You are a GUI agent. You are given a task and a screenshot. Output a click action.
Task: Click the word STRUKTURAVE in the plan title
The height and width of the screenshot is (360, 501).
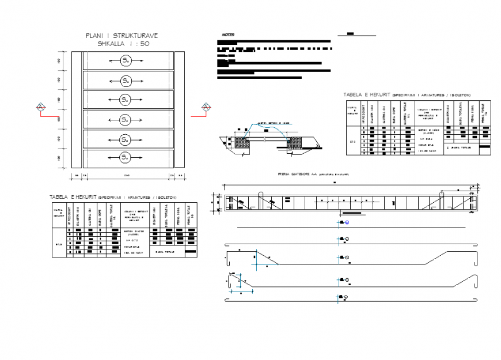click(136, 36)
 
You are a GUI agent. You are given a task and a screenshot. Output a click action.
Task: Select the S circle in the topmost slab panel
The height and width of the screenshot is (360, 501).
click(125, 60)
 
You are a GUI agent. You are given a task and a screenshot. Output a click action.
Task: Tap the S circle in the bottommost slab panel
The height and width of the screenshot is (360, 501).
click(125, 157)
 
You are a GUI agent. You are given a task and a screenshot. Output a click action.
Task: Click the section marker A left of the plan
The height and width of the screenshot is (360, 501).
click(41, 107)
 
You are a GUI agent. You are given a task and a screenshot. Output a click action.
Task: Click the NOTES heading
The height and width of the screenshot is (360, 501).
click(227, 35)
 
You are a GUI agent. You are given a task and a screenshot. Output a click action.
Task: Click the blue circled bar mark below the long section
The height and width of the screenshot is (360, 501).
click(347, 222)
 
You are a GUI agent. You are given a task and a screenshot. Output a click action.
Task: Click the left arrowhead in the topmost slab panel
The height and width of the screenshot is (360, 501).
click(107, 60)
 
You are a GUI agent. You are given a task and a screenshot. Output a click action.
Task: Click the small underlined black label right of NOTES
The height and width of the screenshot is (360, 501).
click(351, 34)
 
